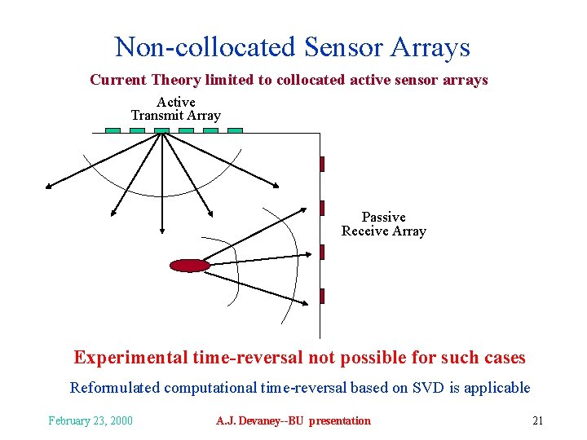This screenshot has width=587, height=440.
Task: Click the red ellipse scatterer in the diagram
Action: [x=189, y=265]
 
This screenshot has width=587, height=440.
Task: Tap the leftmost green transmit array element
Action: [x=113, y=130]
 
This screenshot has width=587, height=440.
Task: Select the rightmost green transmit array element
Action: [x=235, y=130]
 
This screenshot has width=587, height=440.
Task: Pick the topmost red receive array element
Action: [x=322, y=164]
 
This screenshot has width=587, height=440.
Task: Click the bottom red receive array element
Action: [x=322, y=296]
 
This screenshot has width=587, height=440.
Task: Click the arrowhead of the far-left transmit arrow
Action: [x=49, y=187]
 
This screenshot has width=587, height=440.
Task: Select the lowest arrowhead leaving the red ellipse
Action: [x=305, y=305]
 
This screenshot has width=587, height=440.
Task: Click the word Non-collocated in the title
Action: [x=205, y=46]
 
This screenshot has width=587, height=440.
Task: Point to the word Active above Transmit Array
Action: [x=175, y=102]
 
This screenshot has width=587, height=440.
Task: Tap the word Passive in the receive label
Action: [x=383, y=217]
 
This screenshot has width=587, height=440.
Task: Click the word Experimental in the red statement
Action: [x=130, y=358]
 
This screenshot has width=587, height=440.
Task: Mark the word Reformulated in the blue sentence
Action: [x=116, y=388]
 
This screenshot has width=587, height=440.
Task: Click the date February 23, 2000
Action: [x=90, y=420]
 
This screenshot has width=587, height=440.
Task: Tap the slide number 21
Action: [x=537, y=420]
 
